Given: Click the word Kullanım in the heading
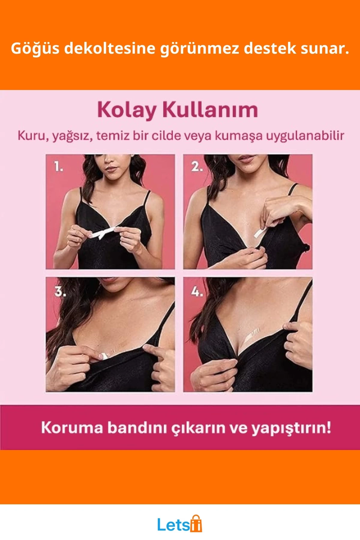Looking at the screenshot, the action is [210, 110].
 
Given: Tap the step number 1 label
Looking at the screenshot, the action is [58, 166].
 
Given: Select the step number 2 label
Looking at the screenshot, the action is [197, 166].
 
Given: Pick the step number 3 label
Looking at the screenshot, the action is [60, 291].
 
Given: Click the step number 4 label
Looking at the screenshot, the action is [197, 291].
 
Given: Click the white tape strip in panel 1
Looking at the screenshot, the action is [102, 233].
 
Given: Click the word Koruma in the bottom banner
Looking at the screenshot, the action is [72, 427].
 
